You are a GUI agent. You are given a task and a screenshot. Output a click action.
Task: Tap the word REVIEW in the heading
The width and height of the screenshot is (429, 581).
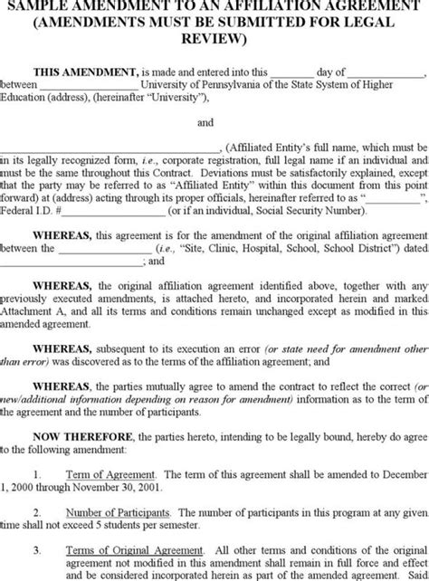click(214, 39)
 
